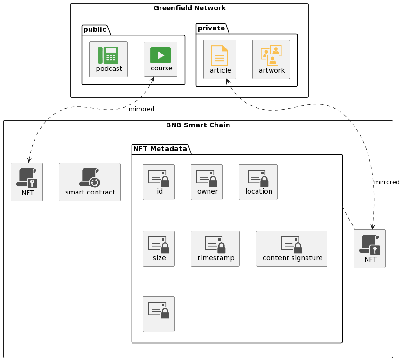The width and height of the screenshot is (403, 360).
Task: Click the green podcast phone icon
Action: click(x=108, y=55)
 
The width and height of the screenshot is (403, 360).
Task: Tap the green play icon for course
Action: click(x=160, y=55)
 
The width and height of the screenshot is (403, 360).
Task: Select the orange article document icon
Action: click(x=220, y=55)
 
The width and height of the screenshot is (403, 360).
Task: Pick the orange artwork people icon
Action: click(x=271, y=55)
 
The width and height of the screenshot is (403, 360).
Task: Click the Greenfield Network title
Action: click(x=189, y=8)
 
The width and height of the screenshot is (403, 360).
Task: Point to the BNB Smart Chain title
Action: click(x=198, y=125)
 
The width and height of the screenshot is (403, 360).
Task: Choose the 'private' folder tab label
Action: click(x=211, y=28)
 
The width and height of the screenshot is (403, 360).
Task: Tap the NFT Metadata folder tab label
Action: click(x=160, y=149)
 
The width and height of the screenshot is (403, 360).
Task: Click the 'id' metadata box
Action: click(x=159, y=182)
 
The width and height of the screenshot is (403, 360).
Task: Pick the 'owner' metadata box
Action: click(x=207, y=182)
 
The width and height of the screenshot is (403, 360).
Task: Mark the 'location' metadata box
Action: click(x=258, y=182)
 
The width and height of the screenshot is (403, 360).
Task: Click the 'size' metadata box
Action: click(x=159, y=249)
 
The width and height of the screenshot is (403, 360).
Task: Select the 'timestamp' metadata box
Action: click(x=215, y=249)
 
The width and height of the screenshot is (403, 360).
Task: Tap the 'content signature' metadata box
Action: click(x=292, y=249)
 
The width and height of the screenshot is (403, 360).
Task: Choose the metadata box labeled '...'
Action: click(x=159, y=314)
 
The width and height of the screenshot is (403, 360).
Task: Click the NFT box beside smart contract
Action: click(x=27, y=182)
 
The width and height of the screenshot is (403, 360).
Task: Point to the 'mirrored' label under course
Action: click(x=141, y=109)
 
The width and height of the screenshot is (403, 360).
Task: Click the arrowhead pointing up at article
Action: click(x=228, y=81)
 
